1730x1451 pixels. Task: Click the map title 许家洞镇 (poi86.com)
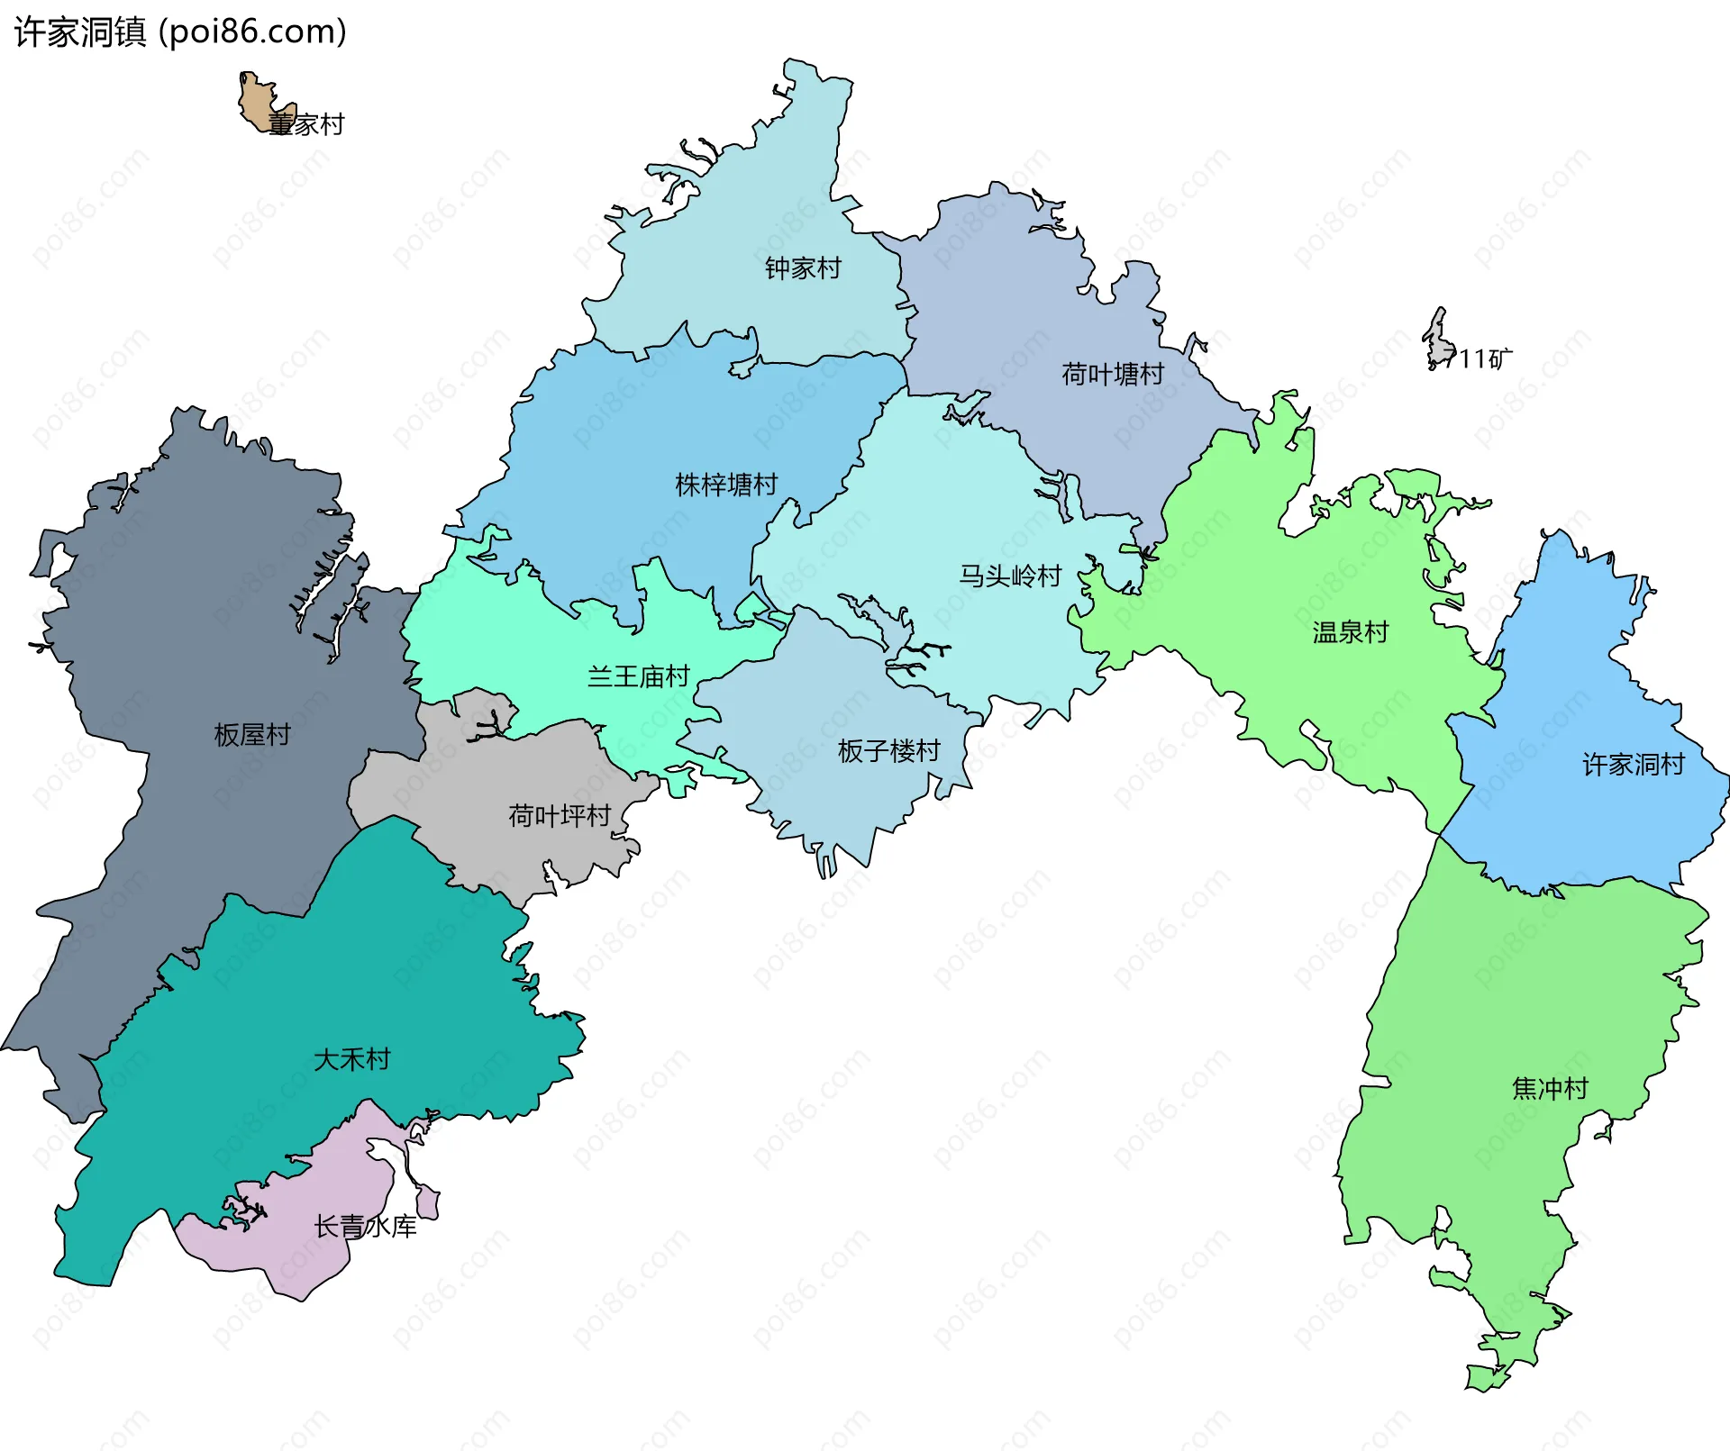click(x=180, y=32)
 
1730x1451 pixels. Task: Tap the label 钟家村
click(x=802, y=268)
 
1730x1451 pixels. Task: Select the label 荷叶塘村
click(x=1112, y=374)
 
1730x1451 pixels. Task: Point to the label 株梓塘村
click(x=726, y=485)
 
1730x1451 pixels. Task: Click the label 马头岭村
click(x=1010, y=576)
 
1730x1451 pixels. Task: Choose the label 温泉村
click(x=1350, y=632)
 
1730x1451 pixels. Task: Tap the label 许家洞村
click(x=1633, y=765)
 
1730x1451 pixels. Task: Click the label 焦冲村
click(x=1549, y=1088)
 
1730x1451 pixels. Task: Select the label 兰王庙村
click(x=638, y=676)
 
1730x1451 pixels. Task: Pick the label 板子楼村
click(x=888, y=750)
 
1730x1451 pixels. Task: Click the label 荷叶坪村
click(x=560, y=816)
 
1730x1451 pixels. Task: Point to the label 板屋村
click(x=252, y=735)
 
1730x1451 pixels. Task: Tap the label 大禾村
click(x=351, y=1059)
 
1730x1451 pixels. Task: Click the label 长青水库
click(x=365, y=1227)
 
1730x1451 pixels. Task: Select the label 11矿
click(x=1485, y=359)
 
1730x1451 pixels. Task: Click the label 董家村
click(x=306, y=124)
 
